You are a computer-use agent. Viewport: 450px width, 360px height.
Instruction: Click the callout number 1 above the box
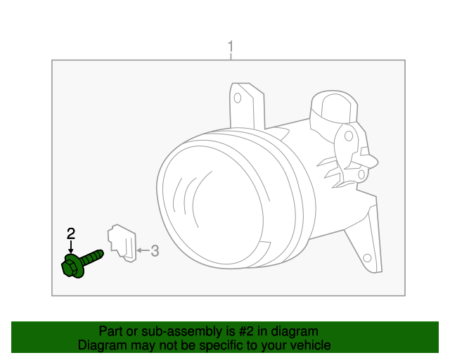[231, 46]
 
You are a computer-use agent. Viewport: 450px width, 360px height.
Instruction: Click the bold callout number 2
[71, 233]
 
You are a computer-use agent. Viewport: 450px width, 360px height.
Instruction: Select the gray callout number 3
[155, 250]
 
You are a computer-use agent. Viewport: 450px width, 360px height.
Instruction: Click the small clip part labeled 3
[122, 243]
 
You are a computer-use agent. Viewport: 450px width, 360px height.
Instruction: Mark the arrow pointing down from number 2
[71, 247]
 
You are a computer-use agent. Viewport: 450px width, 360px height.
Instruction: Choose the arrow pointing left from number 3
[143, 250]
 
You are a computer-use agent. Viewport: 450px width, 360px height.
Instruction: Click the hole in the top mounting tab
[238, 98]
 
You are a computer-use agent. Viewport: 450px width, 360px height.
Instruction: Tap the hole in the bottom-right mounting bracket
[367, 258]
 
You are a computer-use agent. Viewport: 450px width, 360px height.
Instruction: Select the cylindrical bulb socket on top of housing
[335, 107]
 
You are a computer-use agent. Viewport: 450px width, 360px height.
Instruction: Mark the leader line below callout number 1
[231, 56]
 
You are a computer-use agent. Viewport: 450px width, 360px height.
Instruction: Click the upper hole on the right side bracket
[349, 136]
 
